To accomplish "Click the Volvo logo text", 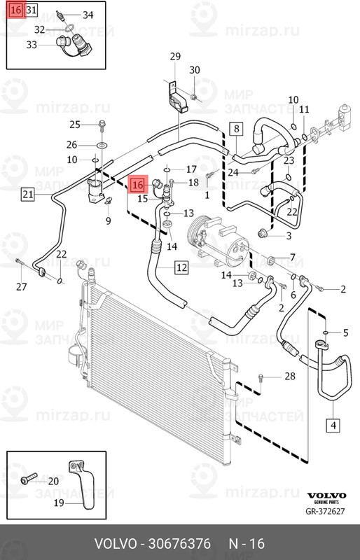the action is [x=327, y=496].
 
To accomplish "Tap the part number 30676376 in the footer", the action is [x=179, y=544].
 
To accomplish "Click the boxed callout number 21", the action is [x=28, y=195].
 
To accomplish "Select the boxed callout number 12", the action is [x=181, y=267].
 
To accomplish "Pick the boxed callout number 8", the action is [x=236, y=128].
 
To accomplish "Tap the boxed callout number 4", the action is [x=333, y=425].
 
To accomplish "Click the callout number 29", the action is [x=175, y=57].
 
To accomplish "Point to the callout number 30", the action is [x=195, y=70].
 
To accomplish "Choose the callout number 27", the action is [x=22, y=286].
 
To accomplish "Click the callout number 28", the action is [x=290, y=376].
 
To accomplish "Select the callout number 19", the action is [x=59, y=503].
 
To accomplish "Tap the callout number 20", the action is [x=53, y=482].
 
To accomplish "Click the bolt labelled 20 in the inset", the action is [x=29, y=478].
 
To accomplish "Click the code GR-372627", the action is [x=325, y=511].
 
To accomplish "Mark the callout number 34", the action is [x=88, y=15].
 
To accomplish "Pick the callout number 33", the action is [x=32, y=45].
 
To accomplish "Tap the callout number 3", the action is [x=289, y=235].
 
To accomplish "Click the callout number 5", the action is [x=345, y=333].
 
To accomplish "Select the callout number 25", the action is [x=75, y=125].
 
